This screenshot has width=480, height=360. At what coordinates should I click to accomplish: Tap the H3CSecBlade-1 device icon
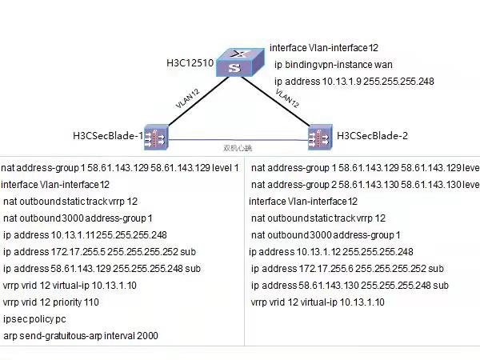(x=154, y=135)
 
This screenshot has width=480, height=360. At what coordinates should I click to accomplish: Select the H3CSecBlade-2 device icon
(x=321, y=135)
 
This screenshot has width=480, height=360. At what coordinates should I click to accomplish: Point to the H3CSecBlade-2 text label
(x=372, y=135)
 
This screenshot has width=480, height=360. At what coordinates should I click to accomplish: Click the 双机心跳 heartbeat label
(x=237, y=148)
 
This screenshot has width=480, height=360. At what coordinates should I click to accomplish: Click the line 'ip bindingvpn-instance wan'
(x=333, y=65)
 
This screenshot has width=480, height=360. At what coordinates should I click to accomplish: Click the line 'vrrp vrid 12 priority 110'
(x=51, y=302)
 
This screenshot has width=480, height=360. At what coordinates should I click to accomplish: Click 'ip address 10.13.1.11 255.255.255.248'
(x=85, y=235)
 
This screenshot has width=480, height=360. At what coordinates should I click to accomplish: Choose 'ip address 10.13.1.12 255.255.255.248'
(x=331, y=251)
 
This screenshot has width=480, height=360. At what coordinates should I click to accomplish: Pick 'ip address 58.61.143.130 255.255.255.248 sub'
(x=350, y=285)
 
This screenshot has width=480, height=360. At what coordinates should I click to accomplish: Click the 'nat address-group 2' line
(x=365, y=185)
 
